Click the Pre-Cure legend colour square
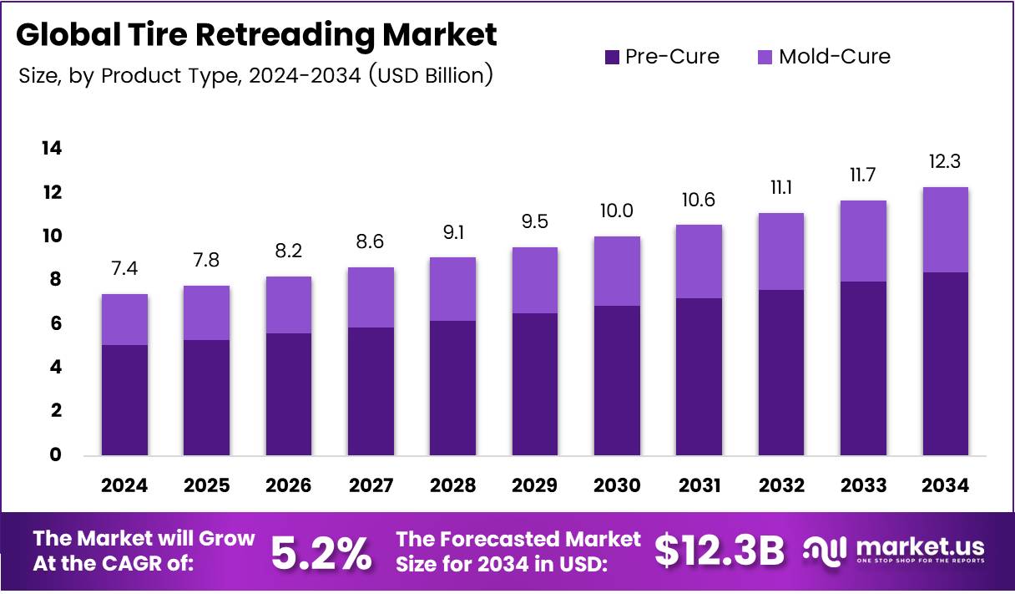611,57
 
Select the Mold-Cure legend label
834,57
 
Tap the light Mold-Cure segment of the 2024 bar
124,319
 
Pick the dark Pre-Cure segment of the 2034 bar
945,363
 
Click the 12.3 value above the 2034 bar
945,161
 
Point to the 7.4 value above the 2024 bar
124,268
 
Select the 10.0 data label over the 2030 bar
617,211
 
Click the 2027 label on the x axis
371,485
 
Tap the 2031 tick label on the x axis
699,485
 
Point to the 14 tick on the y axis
52,149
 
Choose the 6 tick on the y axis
56,323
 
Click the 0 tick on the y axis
56,454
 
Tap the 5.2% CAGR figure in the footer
322,552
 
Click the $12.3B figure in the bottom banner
720,551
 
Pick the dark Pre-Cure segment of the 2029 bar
535,384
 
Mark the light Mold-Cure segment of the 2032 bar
781,251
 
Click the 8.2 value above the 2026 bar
289,251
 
